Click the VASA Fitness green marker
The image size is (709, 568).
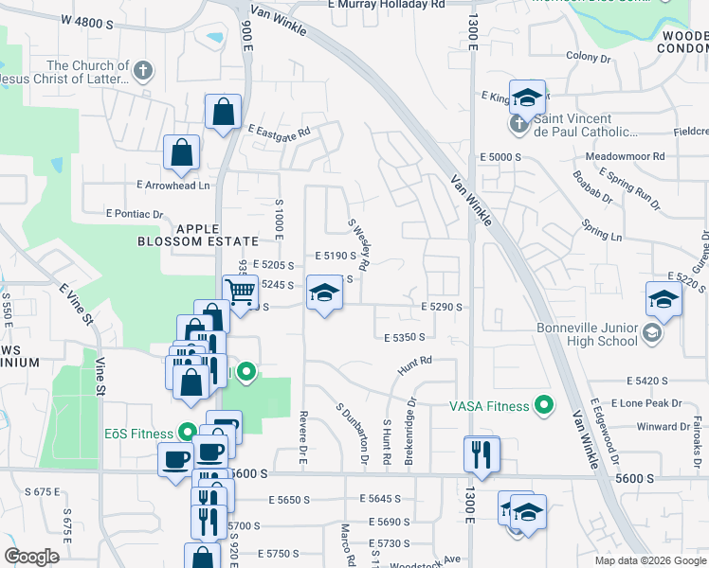coord(543,405)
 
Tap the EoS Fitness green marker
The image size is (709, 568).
coord(188,433)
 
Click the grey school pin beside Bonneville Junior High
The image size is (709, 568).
coord(652,333)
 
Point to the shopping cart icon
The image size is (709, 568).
coord(241,292)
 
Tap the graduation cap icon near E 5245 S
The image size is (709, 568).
coord(324,293)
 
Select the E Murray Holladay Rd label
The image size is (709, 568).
coord(387,5)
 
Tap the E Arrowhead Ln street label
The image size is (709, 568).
coord(173,185)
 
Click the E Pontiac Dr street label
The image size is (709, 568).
coord(135,214)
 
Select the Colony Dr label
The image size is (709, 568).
coord(589,58)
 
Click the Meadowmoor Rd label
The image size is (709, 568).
coord(625,156)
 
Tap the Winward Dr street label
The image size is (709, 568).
coord(663,426)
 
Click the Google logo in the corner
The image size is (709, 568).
coord(32,557)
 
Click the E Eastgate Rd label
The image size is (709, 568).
coord(279,131)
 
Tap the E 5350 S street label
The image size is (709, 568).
coord(405,337)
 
